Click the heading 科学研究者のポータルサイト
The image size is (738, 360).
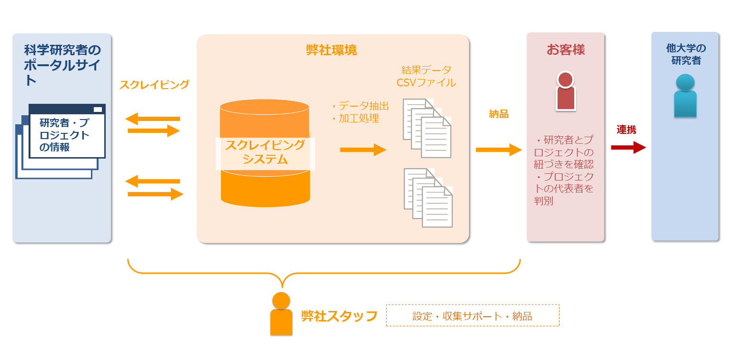(62, 65)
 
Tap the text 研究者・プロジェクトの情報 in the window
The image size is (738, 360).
(64, 135)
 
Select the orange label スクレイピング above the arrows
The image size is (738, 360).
(154, 85)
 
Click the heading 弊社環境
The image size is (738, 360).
(331, 50)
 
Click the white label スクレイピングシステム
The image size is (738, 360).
(265, 152)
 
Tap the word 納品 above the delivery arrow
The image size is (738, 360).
(499, 114)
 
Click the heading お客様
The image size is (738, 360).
(565, 50)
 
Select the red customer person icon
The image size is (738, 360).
(565, 91)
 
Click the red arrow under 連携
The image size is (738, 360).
(628, 148)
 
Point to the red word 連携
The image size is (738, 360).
(627, 130)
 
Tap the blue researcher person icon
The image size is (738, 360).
(685, 96)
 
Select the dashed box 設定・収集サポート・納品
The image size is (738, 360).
(472, 315)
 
